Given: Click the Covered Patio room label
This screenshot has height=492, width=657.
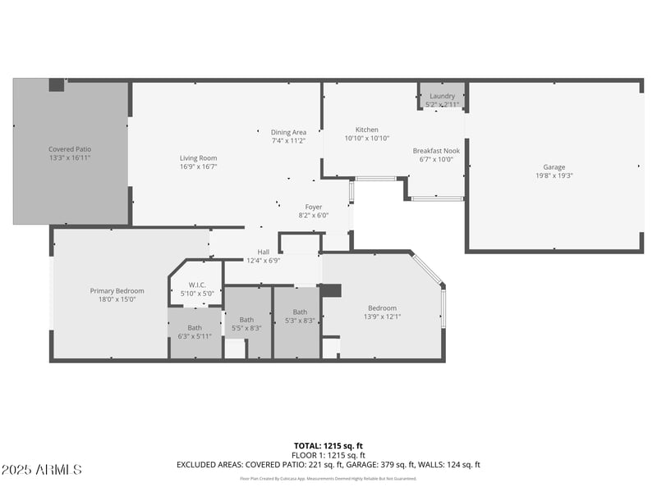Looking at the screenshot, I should [x=70, y=149].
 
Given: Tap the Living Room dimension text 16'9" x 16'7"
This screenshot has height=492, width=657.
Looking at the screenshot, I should [x=199, y=166].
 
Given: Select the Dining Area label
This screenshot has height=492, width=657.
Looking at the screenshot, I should [x=288, y=132].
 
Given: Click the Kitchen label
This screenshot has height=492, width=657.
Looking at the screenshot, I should [x=366, y=130].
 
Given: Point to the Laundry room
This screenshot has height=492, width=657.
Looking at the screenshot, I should [x=442, y=97].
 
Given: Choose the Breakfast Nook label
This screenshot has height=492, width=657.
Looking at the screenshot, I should [x=435, y=151].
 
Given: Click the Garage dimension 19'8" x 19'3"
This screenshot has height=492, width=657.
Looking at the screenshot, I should [x=554, y=175].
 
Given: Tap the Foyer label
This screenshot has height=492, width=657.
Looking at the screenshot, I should [x=314, y=207].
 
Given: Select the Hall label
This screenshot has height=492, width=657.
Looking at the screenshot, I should [x=264, y=252].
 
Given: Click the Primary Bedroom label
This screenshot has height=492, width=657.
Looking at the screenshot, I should [x=117, y=290].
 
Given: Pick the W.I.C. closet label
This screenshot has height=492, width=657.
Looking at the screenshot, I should [x=197, y=285].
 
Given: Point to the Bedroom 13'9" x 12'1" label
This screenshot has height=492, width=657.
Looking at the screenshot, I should [x=382, y=308].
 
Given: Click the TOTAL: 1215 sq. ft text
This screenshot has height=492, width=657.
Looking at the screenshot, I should [x=328, y=445].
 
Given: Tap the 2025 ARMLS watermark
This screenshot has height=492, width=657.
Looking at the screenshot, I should [x=41, y=470].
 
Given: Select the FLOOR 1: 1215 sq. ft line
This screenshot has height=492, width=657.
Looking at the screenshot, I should [x=328, y=455].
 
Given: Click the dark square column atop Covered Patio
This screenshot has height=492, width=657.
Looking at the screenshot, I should [x=56, y=84].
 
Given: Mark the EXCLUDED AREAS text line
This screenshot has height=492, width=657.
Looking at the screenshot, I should [x=328, y=465].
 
